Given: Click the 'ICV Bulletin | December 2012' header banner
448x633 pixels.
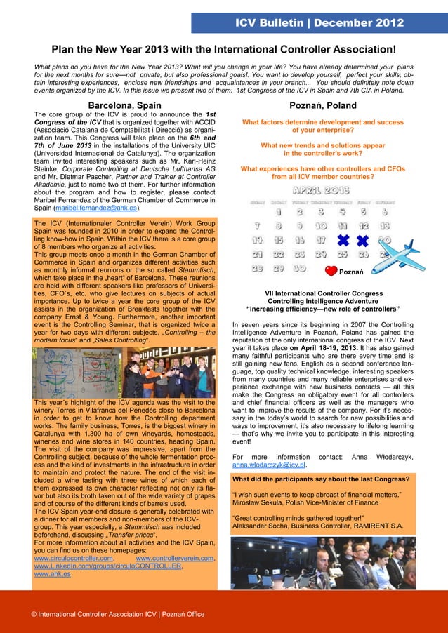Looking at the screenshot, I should [x=319, y=23].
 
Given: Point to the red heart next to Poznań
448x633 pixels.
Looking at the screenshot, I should [x=331, y=271].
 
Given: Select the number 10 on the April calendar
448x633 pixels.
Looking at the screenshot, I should [x=321, y=226].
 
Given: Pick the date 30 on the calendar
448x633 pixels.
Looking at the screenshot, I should [x=300, y=268].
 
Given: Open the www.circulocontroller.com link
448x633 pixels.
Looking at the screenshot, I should [x=74, y=558].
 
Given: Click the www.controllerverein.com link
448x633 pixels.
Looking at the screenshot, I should [x=175, y=558].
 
